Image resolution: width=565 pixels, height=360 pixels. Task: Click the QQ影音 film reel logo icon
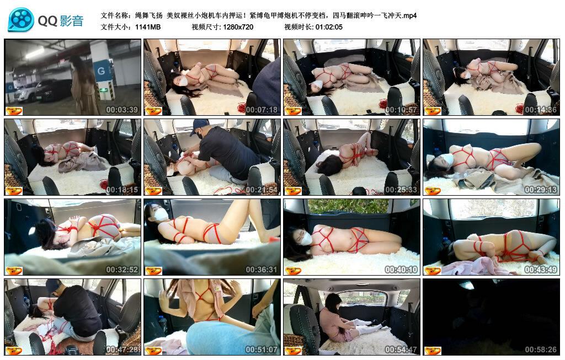[21, 20]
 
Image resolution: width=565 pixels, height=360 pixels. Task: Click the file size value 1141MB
[148, 27]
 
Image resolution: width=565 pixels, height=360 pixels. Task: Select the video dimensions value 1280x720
[238, 27]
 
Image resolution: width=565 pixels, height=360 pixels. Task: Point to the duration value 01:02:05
[329, 27]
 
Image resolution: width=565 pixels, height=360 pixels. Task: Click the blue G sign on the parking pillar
[101, 71]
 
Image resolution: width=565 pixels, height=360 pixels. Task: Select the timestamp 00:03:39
[122, 110]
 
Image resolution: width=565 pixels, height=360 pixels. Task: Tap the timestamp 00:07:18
[262, 110]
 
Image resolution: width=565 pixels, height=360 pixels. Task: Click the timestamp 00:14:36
[541, 110]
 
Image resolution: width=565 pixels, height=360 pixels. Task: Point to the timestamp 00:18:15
[122, 190]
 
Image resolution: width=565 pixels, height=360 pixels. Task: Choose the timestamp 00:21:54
[262, 190]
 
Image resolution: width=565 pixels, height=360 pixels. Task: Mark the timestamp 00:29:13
[541, 190]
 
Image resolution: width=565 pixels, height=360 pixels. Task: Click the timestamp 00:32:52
[122, 270]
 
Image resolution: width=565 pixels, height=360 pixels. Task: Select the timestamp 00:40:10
[401, 270]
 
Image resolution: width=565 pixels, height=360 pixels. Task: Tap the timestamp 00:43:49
[541, 270]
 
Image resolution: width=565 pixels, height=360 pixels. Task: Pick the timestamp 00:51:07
[262, 350]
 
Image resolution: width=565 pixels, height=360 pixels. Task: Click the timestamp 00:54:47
[401, 350]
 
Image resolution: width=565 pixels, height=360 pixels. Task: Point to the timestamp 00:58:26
[541, 350]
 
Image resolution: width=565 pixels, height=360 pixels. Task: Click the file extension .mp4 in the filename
[409, 15]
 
